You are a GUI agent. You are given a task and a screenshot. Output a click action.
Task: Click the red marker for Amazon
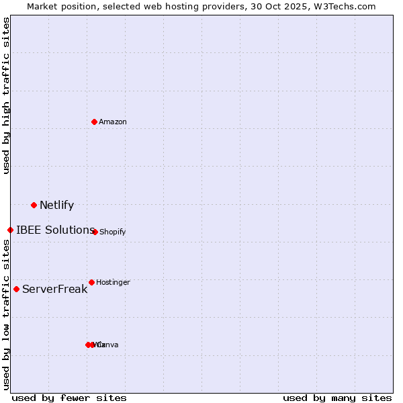click(95, 122)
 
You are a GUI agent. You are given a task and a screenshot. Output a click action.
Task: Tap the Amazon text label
click(113, 122)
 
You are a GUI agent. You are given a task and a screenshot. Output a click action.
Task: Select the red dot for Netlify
click(34, 205)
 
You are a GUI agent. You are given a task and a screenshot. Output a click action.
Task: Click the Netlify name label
click(56, 206)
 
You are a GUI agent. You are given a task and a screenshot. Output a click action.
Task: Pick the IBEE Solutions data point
click(10, 230)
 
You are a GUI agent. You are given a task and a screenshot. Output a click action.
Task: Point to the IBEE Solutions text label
click(55, 230)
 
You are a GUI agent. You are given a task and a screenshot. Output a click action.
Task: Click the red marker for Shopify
click(95, 232)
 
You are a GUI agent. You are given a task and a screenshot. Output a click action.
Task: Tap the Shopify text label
click(112, 232)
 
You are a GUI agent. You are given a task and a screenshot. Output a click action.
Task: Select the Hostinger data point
click(91, 282)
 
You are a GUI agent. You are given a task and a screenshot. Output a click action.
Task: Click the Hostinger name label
click(113, 282)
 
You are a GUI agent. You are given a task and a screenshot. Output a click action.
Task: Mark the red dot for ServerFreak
click(16, 289)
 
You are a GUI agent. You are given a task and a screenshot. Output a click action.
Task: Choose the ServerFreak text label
click(54, 289)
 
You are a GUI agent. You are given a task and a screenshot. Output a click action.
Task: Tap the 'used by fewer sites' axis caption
click(69, 398)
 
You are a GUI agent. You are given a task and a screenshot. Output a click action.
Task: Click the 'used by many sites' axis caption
click(337, 398)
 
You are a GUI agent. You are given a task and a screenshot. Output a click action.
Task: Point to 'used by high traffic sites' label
click(6, 95)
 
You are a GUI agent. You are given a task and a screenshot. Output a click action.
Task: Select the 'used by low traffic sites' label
click(6, 314)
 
